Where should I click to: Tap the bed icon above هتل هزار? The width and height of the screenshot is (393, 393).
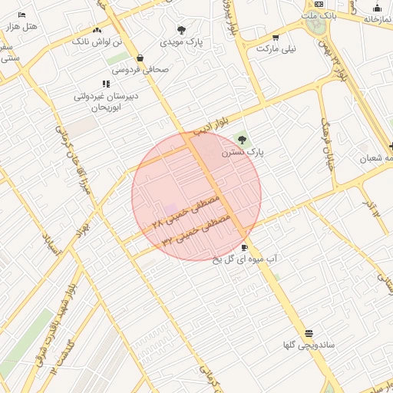tap(21, 15)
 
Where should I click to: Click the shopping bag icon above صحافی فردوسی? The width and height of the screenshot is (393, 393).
tap(140, 58)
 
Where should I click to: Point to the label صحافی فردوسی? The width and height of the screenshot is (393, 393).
tap(140, 69)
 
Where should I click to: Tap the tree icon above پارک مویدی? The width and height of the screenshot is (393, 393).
tap(181, 30)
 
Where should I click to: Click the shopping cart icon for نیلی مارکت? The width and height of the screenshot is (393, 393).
tap(276, 37)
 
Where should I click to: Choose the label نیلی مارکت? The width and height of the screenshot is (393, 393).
tap(276, 48)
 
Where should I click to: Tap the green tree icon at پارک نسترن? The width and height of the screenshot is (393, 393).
tap(243, 140)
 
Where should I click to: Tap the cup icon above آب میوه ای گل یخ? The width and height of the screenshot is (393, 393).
tap(245, 247)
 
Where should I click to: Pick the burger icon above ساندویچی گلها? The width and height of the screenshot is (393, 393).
tap(309, 333)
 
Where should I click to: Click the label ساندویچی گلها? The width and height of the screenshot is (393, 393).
tap(308, 345)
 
